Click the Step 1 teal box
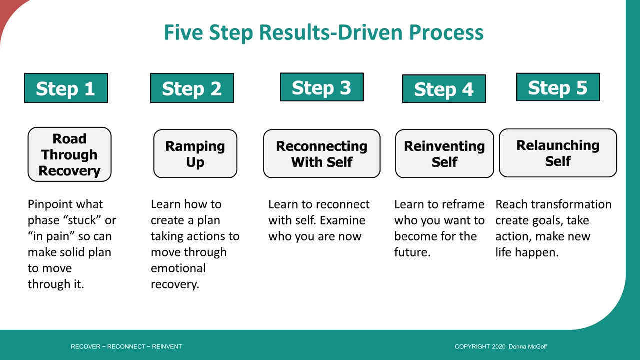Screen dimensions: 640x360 66,88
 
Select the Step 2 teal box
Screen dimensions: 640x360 192,88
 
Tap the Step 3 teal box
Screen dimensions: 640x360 322,87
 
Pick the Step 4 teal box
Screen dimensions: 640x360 444,89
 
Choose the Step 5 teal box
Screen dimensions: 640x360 558,87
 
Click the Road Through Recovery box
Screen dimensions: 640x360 69,154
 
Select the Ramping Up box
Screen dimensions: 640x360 195,154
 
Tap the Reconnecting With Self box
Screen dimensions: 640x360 322,154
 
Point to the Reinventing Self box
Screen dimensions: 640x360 444,154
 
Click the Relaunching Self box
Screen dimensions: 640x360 558,153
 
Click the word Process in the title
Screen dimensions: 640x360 446,33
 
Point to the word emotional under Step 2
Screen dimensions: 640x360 178,268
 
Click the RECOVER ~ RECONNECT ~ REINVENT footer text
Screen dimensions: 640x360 126,347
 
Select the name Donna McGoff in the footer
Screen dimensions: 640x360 528,347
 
